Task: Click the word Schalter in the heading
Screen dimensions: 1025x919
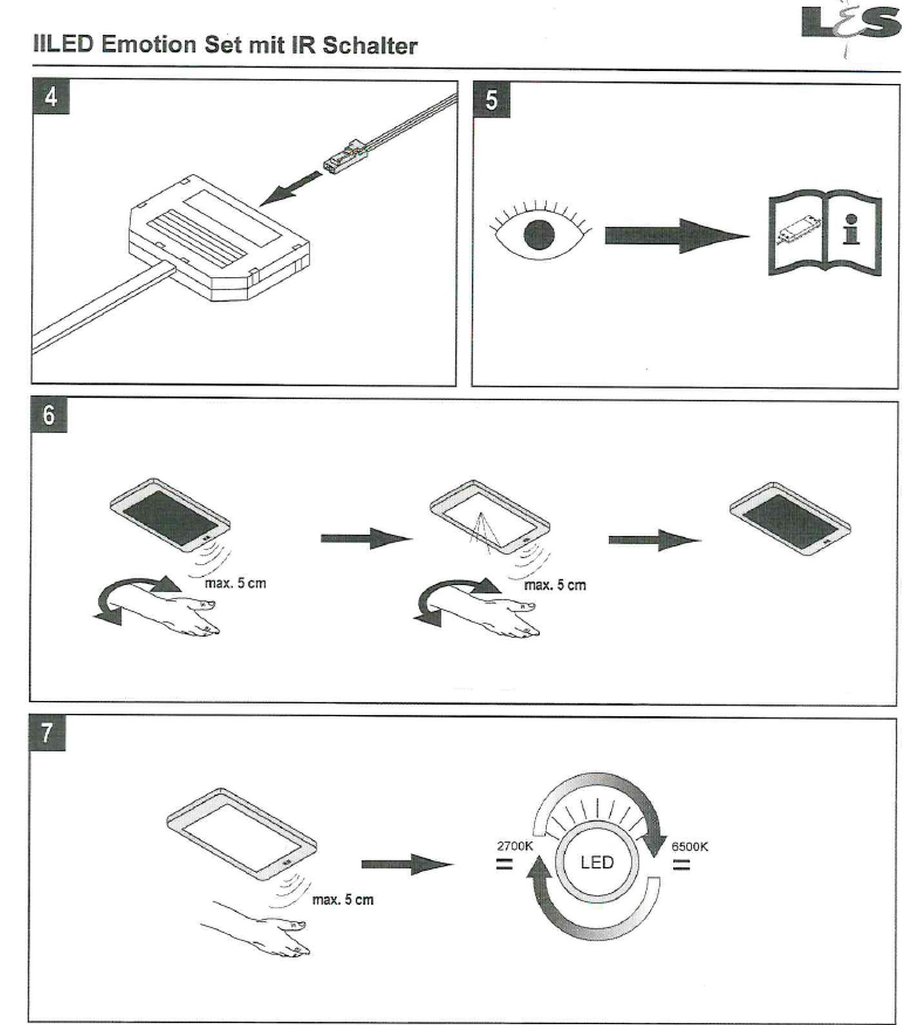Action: click(x=370, y=46)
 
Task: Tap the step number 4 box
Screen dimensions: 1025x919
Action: click(x=51, y=97)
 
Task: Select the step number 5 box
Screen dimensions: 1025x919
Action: click(x=491, y=100)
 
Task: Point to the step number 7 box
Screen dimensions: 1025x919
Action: click(x=47, y=733)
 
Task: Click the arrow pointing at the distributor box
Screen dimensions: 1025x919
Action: click(x=290, y=189)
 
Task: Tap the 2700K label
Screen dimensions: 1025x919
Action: click(x=514, y=846)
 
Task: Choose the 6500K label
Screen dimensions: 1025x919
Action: click(x=689, y=846)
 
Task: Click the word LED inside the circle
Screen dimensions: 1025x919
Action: click(x=597, y=862)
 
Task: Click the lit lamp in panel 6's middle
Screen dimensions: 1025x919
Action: click(x=490, y=515)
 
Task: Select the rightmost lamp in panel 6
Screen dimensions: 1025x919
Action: click(x=790, y=519)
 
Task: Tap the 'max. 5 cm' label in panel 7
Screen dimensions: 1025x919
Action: click(x=343, y=899)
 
